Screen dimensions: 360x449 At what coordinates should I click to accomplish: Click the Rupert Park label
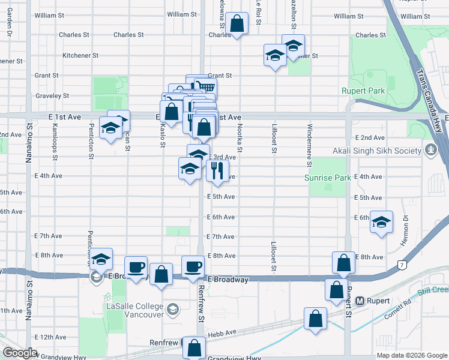[361, 91]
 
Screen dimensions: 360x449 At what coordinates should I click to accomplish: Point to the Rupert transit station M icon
[361, 300]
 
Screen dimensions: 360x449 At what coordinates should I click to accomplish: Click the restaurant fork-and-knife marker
[217, 171]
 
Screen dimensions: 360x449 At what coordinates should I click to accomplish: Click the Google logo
[20, 353]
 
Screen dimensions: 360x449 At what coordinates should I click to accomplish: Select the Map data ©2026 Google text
[412, 355]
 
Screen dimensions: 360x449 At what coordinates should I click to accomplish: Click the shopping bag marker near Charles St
[237, 25]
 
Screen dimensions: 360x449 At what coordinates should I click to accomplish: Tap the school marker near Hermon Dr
[381, 223]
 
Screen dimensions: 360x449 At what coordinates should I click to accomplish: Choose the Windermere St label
[310, 145]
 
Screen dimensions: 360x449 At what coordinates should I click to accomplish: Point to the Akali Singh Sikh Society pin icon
[430, 149]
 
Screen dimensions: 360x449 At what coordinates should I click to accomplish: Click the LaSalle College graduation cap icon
[173, 310]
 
